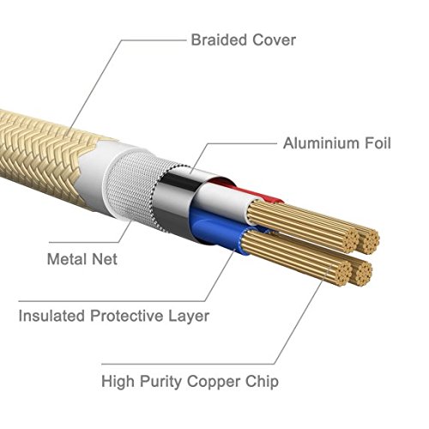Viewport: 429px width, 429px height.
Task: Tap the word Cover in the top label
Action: [x=274, y=39]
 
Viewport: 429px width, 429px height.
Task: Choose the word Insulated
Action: [x=51, y=316]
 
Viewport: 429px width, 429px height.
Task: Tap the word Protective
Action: [x=126, y=316]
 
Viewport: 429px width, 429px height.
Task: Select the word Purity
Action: [x=160, y=383]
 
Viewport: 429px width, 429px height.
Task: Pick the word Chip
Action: [x=258, y=381]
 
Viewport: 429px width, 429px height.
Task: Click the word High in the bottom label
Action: [x=118, y=383]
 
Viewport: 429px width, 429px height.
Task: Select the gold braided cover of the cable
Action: [x=43, y=154]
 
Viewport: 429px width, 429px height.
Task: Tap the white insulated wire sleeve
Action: [x=223, y=200]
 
